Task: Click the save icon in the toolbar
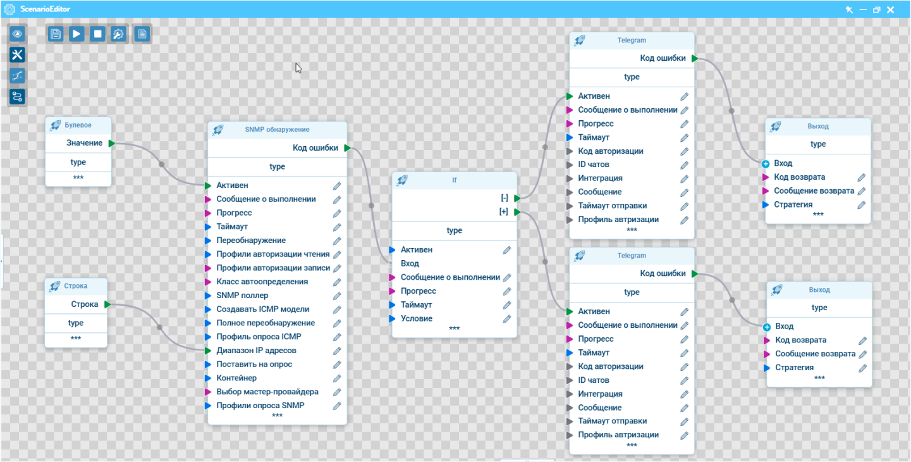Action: (x=56, y=34)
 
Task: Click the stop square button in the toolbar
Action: (x=97, y=34)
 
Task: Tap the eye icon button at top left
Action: (x=17, y=34)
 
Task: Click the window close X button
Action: (x=891, y=9)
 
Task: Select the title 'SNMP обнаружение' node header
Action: (x=277, y=130)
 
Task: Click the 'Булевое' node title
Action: (x=78, y=125)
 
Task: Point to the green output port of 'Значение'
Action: (x=112, y=143)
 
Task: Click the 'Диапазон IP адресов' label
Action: (x=256, y=351)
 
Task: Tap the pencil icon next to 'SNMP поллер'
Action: (x=337, y=296)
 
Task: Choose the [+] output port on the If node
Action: (x=517, y=212)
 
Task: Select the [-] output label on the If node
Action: (x=504, y=198)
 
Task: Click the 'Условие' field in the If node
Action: (x=417, y=318)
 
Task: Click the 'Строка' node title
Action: (x=76, y=286)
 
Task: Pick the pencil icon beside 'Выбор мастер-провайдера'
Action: (x=337, y=392)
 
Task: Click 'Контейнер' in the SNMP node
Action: (x=236, y=378)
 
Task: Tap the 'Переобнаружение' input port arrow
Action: (x=208, y=240)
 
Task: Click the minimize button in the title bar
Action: (x=863, y=9)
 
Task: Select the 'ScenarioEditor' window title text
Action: (x=45, y=9)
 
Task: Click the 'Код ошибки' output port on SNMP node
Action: (x=347, y=148)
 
